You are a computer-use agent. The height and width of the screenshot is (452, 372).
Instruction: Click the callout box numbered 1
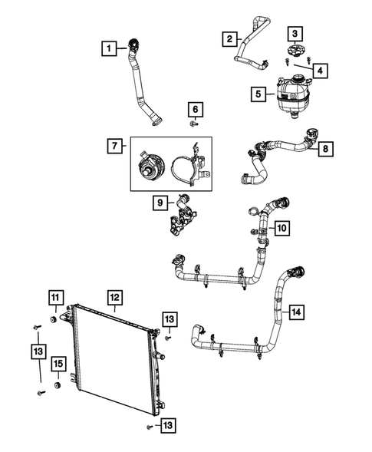112,49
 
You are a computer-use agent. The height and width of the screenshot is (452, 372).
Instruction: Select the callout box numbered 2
229,38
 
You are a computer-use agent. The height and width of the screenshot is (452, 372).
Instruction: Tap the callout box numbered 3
295,34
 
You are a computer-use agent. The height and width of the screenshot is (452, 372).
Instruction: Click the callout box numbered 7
114,144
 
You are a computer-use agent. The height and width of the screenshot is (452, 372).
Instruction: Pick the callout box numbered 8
326,147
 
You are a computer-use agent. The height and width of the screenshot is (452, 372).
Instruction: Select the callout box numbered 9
160,203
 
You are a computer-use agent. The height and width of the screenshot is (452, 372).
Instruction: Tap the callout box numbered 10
281,228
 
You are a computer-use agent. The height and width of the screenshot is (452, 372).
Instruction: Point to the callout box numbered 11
56,297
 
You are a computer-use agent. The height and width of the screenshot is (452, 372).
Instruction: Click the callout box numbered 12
114,297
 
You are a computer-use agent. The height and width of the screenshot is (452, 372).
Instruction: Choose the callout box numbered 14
296,312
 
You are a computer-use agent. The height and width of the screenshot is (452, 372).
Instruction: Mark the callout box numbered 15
58,364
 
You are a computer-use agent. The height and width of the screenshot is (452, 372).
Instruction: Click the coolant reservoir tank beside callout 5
292,100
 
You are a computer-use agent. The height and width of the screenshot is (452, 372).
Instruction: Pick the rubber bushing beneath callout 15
57,384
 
